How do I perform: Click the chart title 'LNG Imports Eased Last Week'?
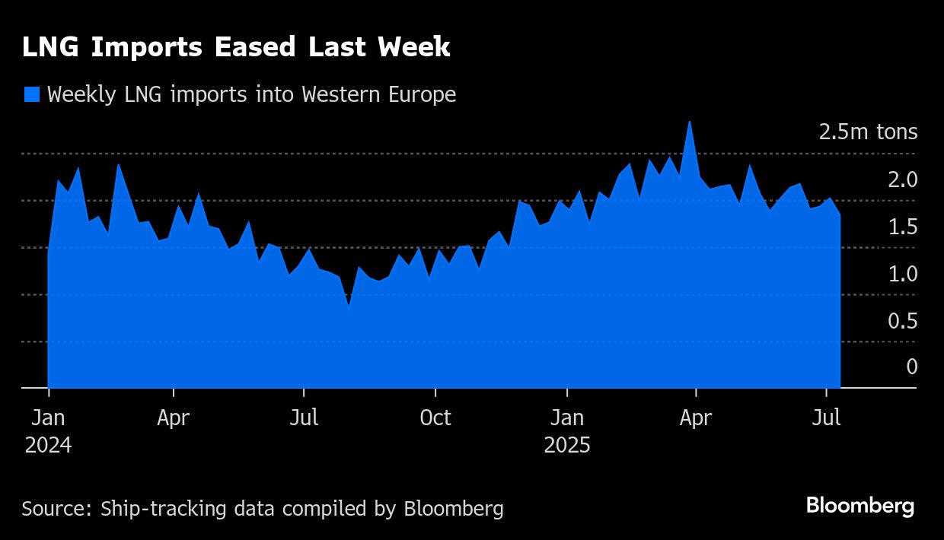pos(236,48)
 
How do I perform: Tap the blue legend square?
pos(32,94)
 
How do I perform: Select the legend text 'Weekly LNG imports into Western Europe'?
pos(251,94)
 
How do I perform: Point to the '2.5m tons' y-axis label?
pos(868,132)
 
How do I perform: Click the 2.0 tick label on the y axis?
pos(902,179)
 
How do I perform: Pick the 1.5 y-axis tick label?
pos(902,227)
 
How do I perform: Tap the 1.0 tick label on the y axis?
pos(902,274)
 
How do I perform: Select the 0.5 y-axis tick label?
pos(902,321)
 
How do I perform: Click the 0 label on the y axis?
pos(911,367)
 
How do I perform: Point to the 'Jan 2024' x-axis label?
pos(48,431)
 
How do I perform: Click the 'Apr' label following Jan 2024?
pos(174,418)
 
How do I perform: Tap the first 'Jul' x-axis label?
pos(304,418)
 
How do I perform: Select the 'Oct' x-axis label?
pos(435,418)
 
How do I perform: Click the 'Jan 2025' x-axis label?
pos(567,431)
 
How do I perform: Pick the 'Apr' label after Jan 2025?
pos(696,418)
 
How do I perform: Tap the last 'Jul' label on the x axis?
pos(827,418)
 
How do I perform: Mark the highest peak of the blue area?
pos(689,122)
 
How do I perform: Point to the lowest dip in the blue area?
pos(349,307)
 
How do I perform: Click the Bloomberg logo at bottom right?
pos(860,506)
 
